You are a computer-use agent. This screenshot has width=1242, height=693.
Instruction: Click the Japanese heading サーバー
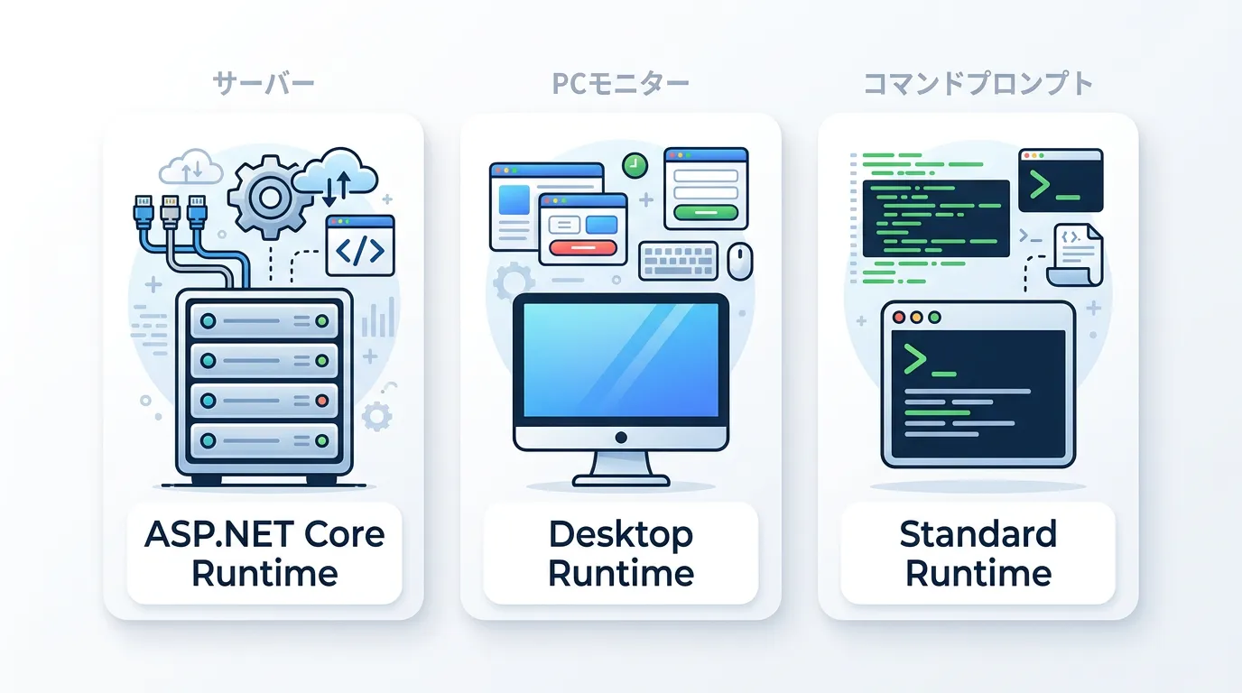click(264, 84)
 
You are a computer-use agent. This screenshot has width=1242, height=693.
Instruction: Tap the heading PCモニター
click(620, 84)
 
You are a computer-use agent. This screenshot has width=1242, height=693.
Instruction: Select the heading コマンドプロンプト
click(978, 84)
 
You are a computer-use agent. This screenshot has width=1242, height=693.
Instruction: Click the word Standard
click(978, 534)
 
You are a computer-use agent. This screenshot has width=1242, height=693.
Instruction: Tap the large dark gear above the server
click(270, 198)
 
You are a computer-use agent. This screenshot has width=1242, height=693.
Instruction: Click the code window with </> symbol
click(360, 245)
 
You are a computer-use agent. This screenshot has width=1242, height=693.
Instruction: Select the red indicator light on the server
click(321, 401)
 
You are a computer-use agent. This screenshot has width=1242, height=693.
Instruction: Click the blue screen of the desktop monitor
click(621, 360)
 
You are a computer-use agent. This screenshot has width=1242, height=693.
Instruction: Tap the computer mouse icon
click(739, 261)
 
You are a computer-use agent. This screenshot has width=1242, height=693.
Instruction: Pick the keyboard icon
click(678, 261)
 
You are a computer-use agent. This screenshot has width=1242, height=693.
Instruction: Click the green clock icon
click(635, 165)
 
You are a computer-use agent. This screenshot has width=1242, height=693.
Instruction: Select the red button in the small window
click(582, 247)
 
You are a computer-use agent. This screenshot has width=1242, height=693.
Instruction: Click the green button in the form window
click(706, 212)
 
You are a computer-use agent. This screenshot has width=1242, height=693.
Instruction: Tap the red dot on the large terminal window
click(899, 317)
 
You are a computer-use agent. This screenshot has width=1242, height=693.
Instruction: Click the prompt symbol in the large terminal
click(915, 359)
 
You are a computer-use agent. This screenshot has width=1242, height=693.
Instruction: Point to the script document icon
click(1075, 254)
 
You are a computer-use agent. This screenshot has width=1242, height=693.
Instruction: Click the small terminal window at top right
click(1061, 180)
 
